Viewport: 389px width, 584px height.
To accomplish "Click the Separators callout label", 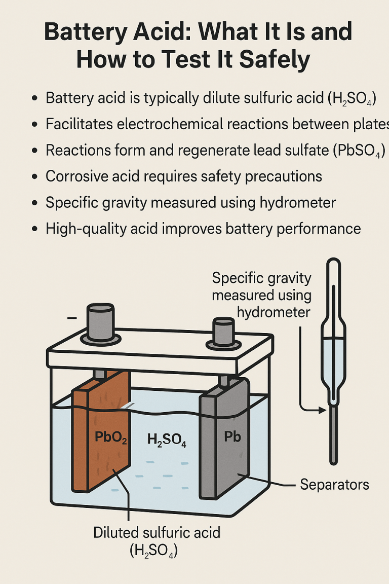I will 334,484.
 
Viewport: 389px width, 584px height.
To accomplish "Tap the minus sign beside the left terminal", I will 72,318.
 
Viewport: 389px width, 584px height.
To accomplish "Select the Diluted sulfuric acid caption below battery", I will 157,532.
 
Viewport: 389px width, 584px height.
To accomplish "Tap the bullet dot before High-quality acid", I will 34,229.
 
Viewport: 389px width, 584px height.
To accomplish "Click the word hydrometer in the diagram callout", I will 274,311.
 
